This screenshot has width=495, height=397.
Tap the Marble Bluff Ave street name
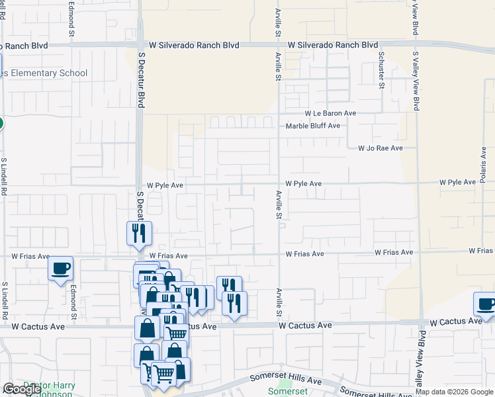[x=313, y=126]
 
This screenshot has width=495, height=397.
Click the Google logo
[x=22, y=389]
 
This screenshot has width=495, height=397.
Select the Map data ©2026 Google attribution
[x=455, y=392]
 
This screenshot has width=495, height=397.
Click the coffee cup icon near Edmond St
[x=61, y=269]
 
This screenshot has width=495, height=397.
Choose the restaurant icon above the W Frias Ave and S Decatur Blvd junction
[x=140, y=234]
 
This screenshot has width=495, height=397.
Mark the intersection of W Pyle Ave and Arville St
[x=279, y=183]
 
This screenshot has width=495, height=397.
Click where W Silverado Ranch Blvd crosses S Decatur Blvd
[x=140, y=46]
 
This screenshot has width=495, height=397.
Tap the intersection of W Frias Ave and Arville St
[x=279, y=254]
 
